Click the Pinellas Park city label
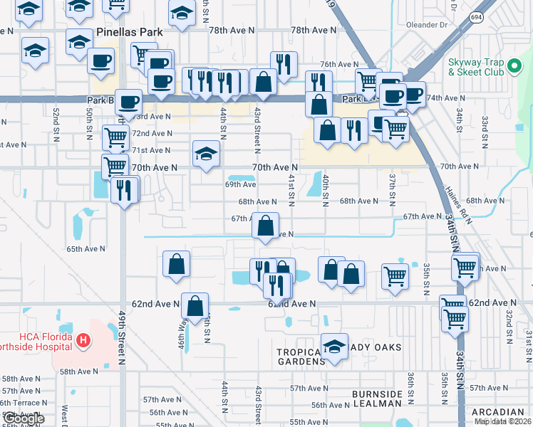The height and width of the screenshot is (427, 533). pyautogui.click(x=130, y=33)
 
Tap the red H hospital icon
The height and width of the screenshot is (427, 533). pyautogui.click(x=84, y=342)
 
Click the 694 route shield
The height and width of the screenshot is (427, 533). pyautogui.click(x=476, y=16)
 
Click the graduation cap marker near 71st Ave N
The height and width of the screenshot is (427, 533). pyautogui.click(x=206, y=153)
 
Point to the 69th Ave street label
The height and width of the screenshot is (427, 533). pyautogui.click(x=240, y=184)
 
